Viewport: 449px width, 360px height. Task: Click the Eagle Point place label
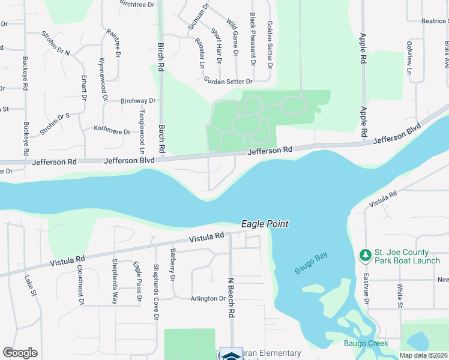(265, 224)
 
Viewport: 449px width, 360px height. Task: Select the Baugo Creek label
(366, 344)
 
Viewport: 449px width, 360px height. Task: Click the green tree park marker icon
(364, 256)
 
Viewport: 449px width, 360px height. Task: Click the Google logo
(20, 353)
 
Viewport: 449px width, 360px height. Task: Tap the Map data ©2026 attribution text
(424, 355)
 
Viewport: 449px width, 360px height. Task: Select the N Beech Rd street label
(231, 297)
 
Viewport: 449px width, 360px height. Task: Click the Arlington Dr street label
(208, 299)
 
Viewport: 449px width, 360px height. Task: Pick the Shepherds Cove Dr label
(156, 291)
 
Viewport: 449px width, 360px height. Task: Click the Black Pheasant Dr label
(253, 39)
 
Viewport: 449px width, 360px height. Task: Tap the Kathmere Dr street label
(112, 131)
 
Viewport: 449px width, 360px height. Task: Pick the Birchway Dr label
(138, 101)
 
